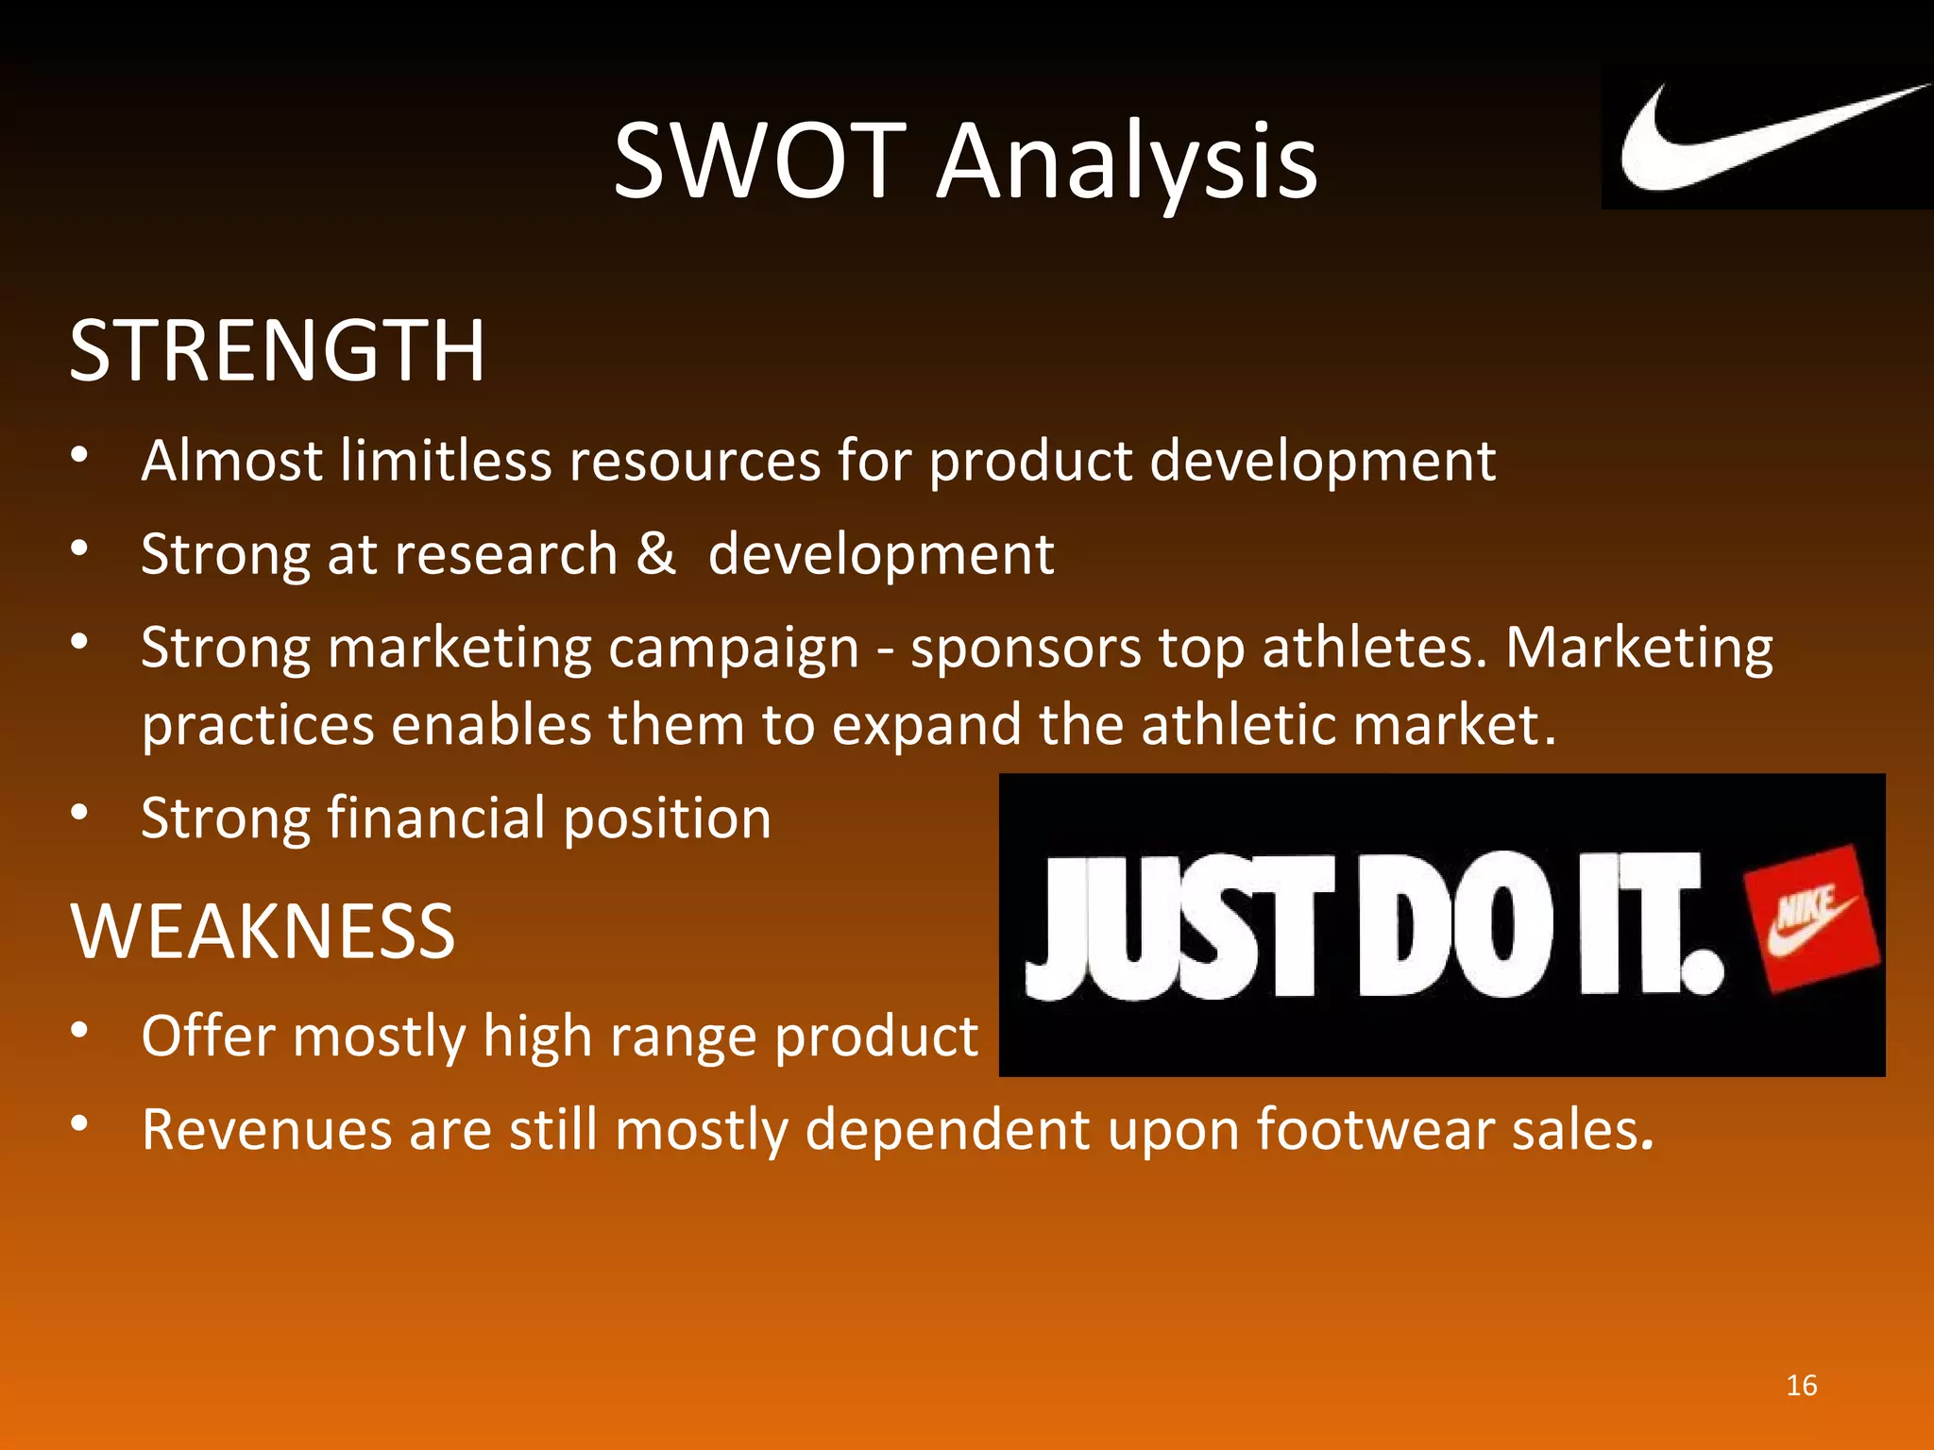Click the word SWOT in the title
coord(760,161)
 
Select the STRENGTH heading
coord(277,351)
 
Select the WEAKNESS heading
coord(263,932)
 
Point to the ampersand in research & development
coord(655,553)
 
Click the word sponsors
coord(1026,649)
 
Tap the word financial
coord(436,818)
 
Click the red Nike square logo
coord(1811,919)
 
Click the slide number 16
coord(1802,1385)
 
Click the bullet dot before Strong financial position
coord(80,811)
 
